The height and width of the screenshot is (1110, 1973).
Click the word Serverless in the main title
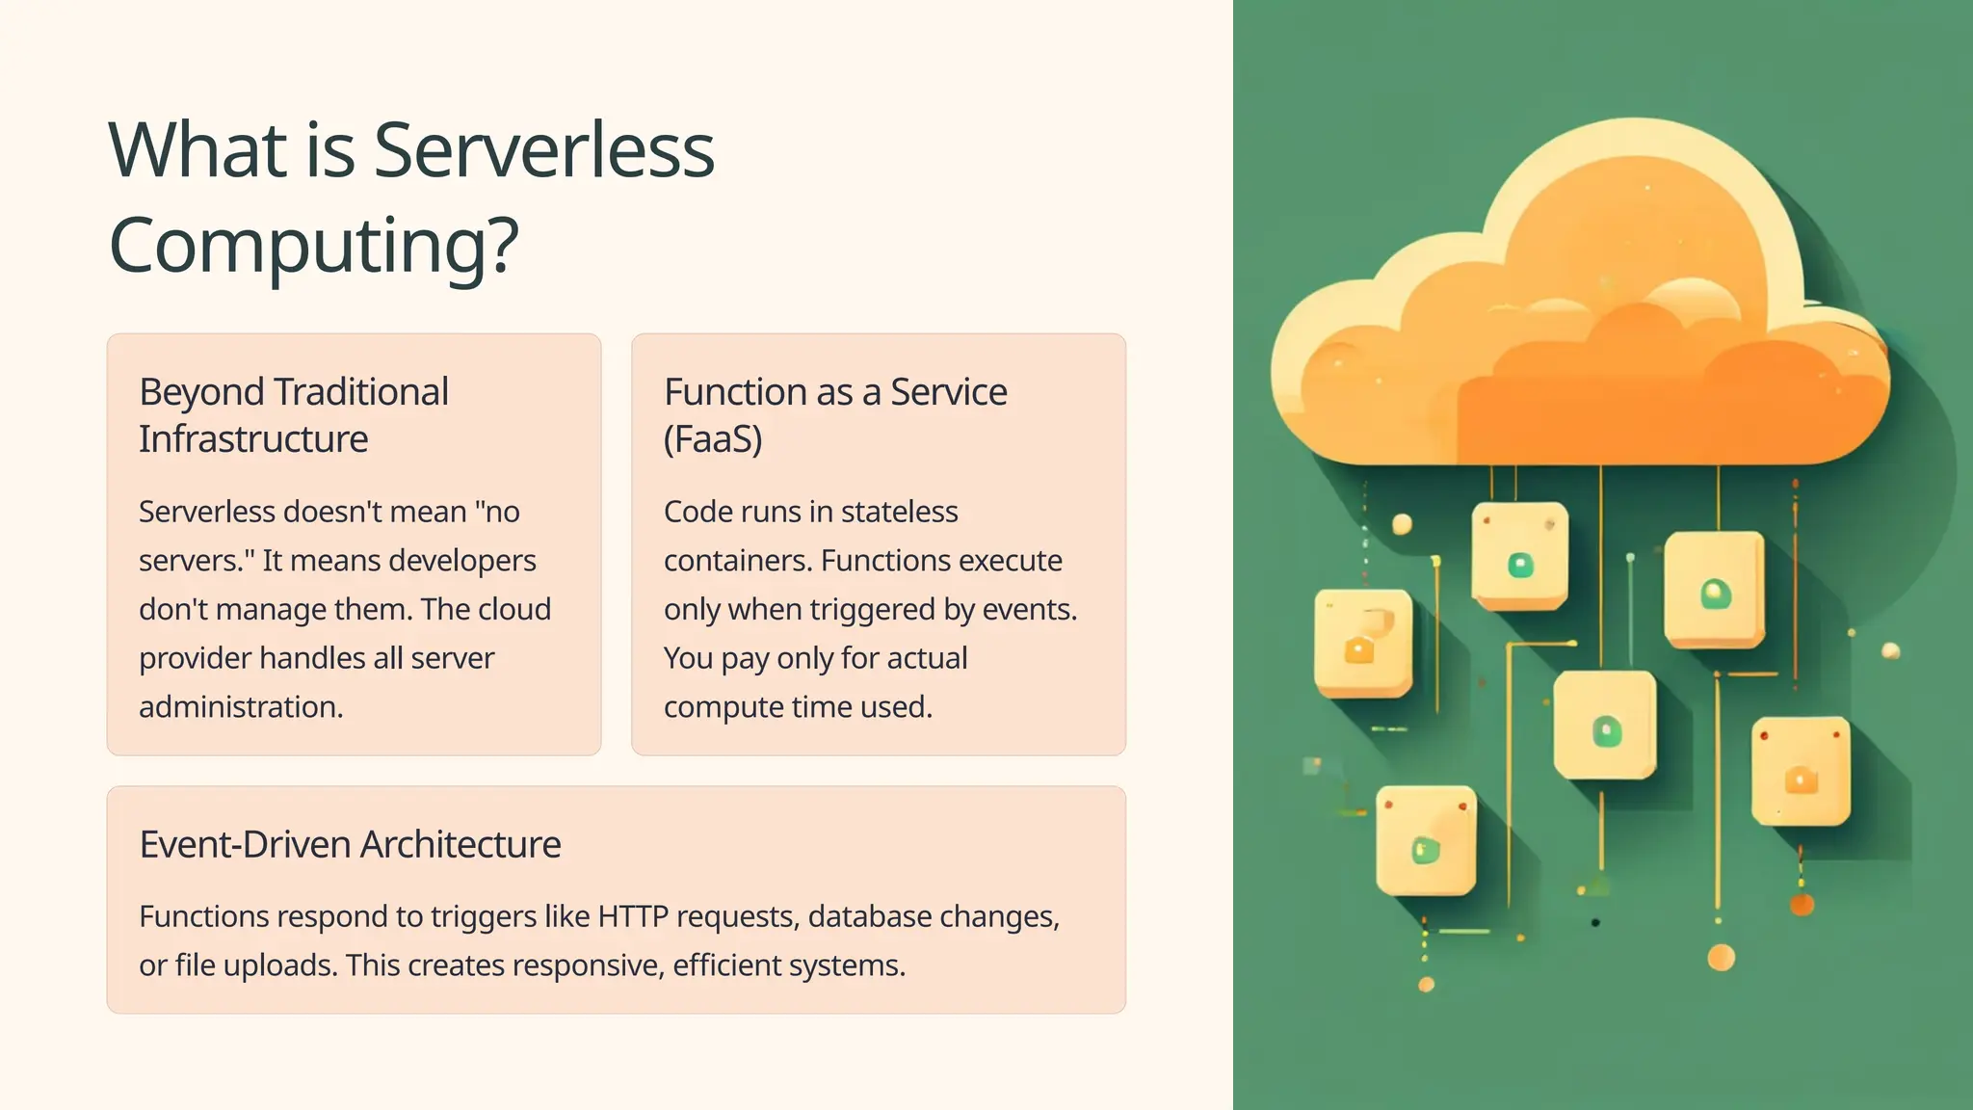click(x=543, y=151)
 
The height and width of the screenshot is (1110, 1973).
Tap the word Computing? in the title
click(x=314, y=246)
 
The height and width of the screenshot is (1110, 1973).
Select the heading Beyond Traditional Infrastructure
click(x=293, y=415)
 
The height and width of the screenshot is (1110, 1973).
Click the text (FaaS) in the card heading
click(x=713, y=439)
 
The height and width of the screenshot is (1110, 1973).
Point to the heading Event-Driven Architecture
click(x=350, y=844)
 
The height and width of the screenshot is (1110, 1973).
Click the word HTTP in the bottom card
click(x=632, y=916)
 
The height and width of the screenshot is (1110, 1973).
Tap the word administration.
click(x=241, y=707)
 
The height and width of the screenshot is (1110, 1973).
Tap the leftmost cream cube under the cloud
click(x=1362, y=642)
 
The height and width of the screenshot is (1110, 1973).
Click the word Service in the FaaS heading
click(x=948, y=392)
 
